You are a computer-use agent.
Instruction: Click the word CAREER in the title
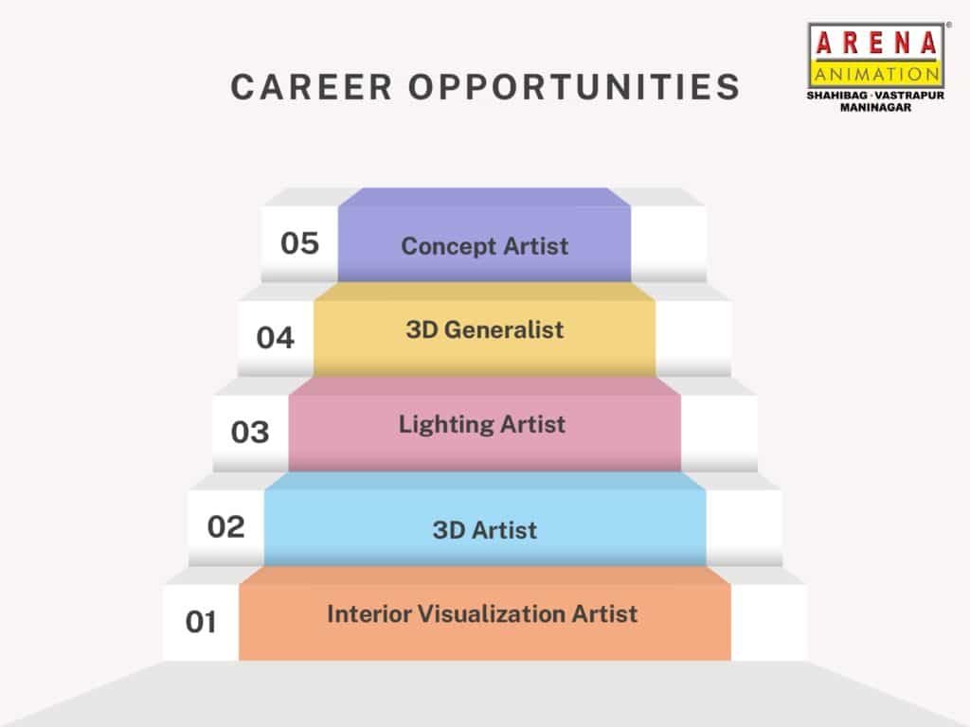coord(312,86)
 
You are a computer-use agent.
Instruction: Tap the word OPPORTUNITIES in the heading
coord(574,86)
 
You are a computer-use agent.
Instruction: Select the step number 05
coord(300,243)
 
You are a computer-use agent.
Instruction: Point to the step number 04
coord(276,338)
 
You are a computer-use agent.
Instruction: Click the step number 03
coord(250,432)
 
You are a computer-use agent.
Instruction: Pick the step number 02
coord(225,526)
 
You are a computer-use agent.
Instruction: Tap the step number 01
coord(201,621)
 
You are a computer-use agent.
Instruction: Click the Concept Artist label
coord(484,247)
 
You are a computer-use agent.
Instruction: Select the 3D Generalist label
coord(484,329)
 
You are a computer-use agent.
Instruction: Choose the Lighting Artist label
coord(482,425)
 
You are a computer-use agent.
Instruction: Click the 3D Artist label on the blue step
coord(484,530)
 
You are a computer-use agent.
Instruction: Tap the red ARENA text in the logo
coord(876,44)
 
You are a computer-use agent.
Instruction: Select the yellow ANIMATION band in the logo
coord(876,74)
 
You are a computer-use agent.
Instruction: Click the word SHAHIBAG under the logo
coord(836,96)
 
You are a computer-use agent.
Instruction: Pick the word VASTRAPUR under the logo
coord(910,96)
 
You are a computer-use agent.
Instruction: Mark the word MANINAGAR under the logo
coord(875,107)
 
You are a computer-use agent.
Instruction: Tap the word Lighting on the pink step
coord(445,425)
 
